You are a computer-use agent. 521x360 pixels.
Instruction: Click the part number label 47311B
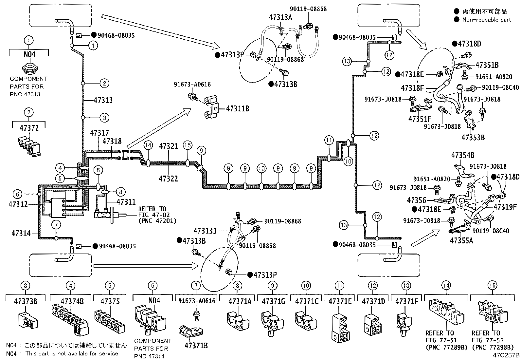pyautogui.click(x=238, y=108)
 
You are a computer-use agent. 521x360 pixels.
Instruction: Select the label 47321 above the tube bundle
pyautogui.click(x=169, y=146)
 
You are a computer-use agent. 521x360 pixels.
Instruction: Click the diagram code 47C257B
pyautogui.click(x=507, y=355)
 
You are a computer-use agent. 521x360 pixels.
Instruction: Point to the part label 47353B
pyautogui.click(x=473, y=137)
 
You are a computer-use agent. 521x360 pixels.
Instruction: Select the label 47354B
pyautogui.click(x=462, y=155)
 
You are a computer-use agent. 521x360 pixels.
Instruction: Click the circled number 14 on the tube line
pyautogui.click(x=148, y=145)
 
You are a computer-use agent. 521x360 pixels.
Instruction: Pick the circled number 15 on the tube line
pyautogui.click(x=187, y=145)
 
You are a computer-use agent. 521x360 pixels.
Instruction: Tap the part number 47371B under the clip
pyautogui.click(x=196, y=345)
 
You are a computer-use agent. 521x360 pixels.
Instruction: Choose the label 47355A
pyautogui.click(x=461, y=240)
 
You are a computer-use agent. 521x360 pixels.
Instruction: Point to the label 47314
pyautogui.click(x=21, y=233)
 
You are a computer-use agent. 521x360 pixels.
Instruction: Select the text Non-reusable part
pyautogui.click(x=486, y=19)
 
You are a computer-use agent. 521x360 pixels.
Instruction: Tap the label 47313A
pyautogui.click(x=280, y=18)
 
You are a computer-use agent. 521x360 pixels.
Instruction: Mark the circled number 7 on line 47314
pyautogui.click(x=56, y=225)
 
